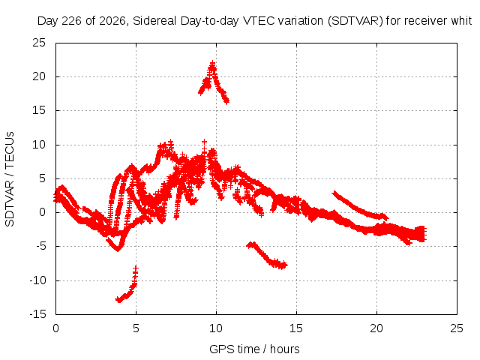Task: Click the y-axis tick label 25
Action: point(39,43)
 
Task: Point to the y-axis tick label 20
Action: point(39,76)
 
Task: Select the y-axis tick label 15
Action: point(39,110)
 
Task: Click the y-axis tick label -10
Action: point(37,280)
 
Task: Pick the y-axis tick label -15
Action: point(37,314)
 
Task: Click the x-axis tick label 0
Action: point(55,328)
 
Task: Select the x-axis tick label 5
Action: point(136,328)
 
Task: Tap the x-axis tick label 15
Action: point(296,328)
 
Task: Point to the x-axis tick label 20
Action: point(376,328)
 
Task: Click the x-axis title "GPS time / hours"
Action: point(254,349)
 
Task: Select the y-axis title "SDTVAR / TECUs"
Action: point(10,179)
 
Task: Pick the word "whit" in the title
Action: point(461,21)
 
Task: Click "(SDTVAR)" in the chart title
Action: point(355,21)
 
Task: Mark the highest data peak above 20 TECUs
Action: point(212,63)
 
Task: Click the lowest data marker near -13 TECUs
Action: point(119,300)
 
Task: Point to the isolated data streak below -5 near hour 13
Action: point(267,256)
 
